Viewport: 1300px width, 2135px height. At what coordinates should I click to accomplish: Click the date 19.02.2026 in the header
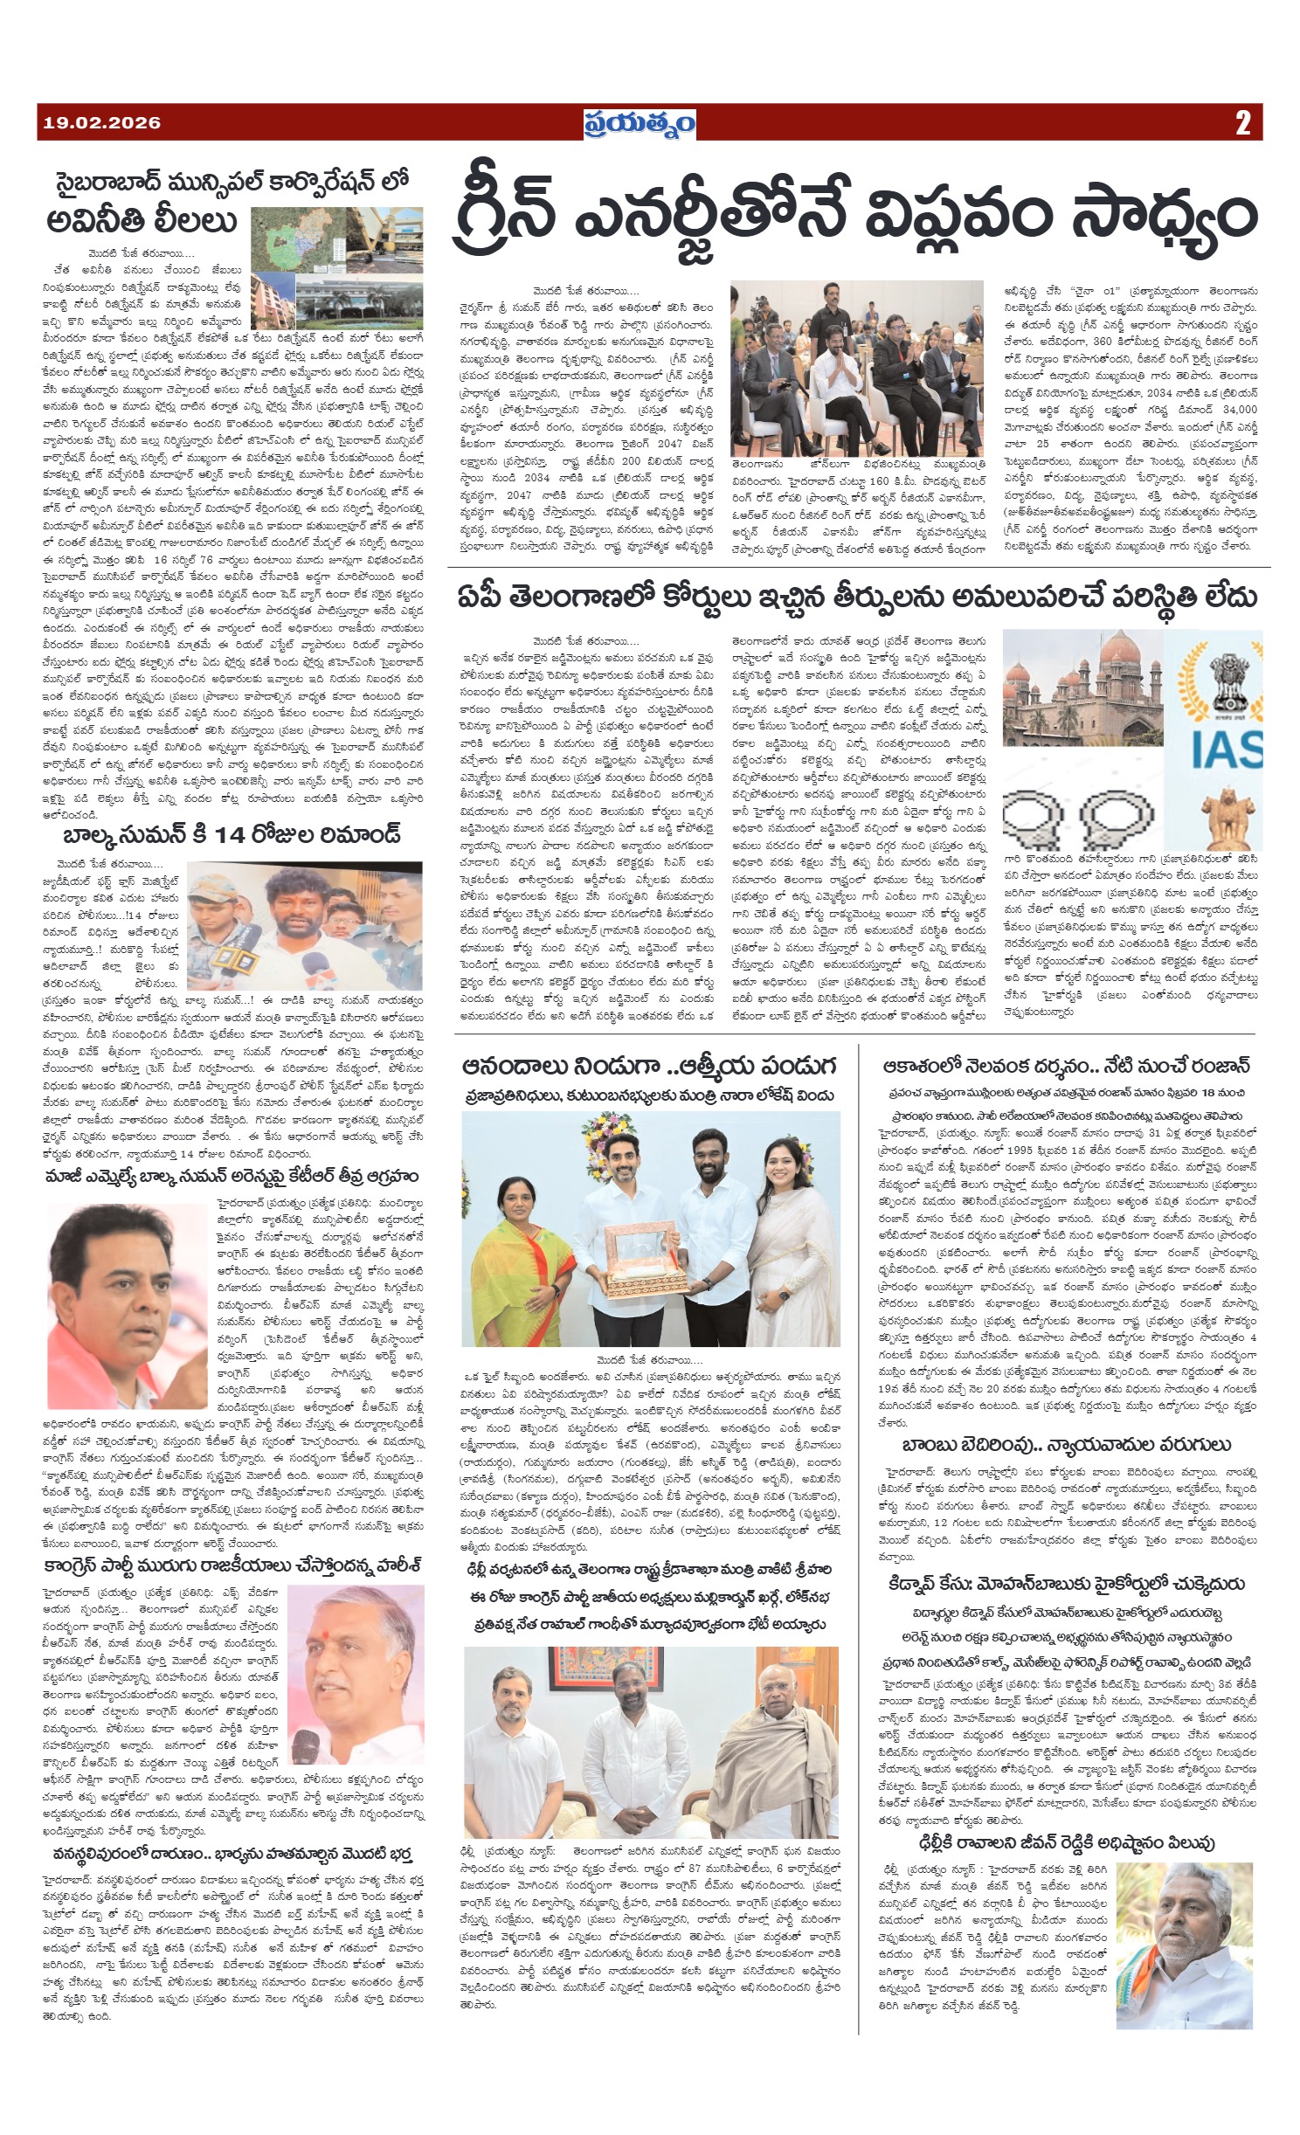[x=101, y=123]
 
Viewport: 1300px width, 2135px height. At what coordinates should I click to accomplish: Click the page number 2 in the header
[x=1243, y=123]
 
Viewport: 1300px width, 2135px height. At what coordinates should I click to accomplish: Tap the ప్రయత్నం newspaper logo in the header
[x=640, y=123]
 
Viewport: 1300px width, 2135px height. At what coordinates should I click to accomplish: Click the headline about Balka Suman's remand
[x=231, y=833]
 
